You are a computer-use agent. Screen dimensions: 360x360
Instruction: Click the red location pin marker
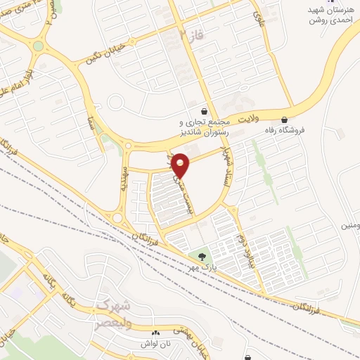point(181,165)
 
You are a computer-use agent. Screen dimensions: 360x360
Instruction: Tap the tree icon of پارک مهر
point(202,256)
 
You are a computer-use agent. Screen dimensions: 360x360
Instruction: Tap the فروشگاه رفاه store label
point(284,131)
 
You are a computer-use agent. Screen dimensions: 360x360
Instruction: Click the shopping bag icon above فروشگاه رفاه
point(284,120)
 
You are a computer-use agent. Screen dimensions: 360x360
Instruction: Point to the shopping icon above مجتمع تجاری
point(204,111)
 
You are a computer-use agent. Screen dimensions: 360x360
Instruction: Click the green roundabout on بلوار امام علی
point(38,46)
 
